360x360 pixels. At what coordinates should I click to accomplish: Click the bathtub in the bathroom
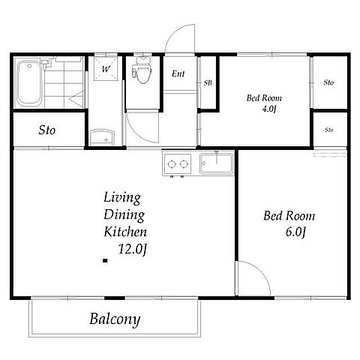(29, 84)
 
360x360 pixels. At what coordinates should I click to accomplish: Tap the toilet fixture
(142, 70)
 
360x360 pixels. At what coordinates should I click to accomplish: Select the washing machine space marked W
(106, 68)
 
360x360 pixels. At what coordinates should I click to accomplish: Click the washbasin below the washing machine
(102, 137)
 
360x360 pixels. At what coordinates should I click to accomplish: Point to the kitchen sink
(216, 163)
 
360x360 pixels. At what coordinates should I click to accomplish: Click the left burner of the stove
(172, 164)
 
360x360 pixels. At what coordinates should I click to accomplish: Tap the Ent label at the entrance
(178, 73)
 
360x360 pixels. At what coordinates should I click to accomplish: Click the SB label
(208, 82)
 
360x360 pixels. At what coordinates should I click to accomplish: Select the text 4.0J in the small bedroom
(269, 109)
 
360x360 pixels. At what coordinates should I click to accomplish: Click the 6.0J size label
(295, 232)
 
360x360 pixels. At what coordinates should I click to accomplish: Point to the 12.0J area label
(132, 249)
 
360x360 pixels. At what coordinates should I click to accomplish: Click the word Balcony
(115, 319)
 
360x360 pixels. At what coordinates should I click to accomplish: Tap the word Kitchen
(125, 232)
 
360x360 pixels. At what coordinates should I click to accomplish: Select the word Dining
(124, 215)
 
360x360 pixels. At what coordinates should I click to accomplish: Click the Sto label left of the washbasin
(47, 130)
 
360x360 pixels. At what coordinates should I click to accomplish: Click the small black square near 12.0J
(105, 261)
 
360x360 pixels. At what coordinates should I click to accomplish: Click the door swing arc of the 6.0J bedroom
(261, 271)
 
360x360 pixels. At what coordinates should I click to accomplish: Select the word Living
(122, 198)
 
